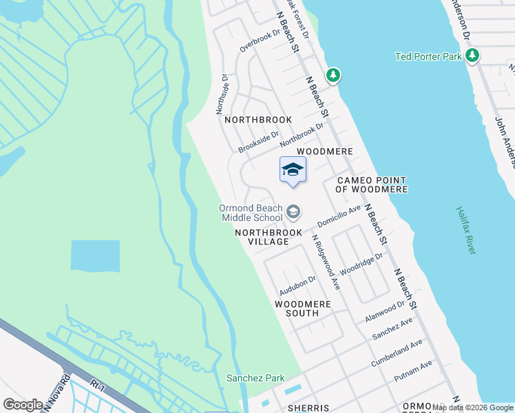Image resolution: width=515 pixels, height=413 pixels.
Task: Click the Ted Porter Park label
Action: [428, 56]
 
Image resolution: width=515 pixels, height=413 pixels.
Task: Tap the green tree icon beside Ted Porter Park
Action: [472, 56]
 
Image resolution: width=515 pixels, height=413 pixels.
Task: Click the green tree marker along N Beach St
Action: [333, 74]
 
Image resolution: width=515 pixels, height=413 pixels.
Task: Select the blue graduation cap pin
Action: [293, 169]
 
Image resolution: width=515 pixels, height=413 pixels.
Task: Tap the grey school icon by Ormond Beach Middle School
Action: [293, 212]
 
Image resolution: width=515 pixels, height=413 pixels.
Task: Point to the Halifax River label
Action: [466, 231]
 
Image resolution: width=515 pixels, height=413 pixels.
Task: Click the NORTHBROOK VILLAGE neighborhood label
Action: [271, 237]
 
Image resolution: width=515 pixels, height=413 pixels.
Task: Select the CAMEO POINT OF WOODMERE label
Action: [372, 184]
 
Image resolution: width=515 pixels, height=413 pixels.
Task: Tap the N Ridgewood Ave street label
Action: [326, 261]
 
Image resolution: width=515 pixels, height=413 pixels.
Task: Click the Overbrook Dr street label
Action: [260, 41]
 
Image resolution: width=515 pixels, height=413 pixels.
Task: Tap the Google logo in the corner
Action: [23, 404]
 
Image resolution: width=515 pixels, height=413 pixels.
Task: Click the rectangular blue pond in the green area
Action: [95, 255]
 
